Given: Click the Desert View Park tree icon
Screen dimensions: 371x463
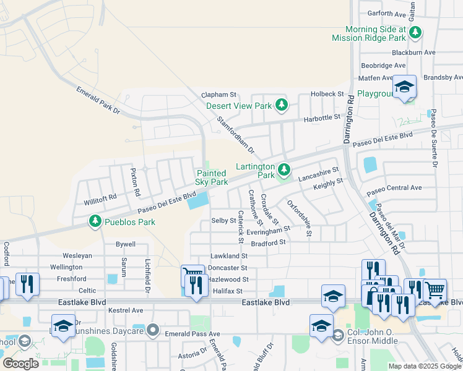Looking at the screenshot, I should click(282, 104).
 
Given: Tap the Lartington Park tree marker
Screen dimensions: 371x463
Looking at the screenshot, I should click(284, 168).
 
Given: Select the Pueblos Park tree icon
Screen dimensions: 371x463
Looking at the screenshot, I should click(95, 221).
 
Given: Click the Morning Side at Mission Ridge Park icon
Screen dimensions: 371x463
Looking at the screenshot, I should click(417, 32).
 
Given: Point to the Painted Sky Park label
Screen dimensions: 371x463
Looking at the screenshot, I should click(212, 178).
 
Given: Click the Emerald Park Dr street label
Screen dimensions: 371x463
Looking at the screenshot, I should click(98, 100).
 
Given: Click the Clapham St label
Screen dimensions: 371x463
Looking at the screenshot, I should click(219, 95).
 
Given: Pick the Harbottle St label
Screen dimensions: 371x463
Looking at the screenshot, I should click(321, 116).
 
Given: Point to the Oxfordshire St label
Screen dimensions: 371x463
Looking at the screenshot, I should click(298, 218).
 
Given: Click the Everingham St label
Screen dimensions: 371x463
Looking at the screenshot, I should click(268, 230).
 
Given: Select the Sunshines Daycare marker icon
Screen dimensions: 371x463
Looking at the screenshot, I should click(153, 331).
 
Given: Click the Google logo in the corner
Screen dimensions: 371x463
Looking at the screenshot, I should click(20, 363).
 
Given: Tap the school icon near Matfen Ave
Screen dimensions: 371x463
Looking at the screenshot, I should click(404, 88).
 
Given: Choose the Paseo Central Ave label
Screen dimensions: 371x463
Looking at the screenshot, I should click(394, 187).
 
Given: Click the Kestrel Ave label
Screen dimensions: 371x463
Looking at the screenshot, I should click(126, 310).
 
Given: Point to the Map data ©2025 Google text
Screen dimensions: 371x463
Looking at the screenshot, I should click(424, 366).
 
